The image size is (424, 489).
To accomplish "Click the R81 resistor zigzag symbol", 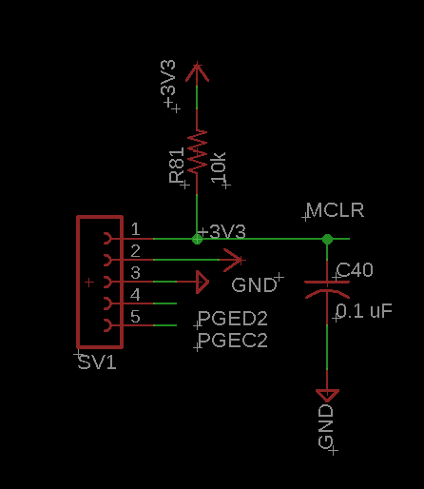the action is [x=197, y=152].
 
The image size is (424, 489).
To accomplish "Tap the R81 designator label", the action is [x=177, y=166].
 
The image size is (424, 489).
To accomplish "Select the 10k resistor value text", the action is [x=219, y=167].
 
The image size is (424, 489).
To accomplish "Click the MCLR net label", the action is [x=336, y=210].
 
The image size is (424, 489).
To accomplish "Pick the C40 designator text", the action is [x=355, y=270].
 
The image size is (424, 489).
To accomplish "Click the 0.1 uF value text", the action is [x=364, y=311].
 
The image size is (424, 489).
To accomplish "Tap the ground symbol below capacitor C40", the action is [x=327, y=396].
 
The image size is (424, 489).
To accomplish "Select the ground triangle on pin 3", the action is [x=202, y=282].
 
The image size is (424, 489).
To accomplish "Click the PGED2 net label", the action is [x=233, y=319].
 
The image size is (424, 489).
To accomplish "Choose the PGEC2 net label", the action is [x=233, y=341].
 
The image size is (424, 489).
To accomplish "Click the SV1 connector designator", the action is [x=97, y=362].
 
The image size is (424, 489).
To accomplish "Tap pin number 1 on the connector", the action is [x=135, y=228].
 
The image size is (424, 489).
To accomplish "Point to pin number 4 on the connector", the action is [x=135, y=295].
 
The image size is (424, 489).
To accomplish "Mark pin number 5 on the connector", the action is [x=135, y=317].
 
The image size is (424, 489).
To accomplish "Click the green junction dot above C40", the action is [x=327, y=239].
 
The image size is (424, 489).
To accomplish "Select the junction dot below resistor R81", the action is [x=197, y=239].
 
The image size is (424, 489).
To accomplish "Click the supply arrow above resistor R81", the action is [x=197, y=73].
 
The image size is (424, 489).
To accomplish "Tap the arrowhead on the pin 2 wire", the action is [x=234, y=260].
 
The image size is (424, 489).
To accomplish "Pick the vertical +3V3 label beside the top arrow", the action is [x=168, y=83].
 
